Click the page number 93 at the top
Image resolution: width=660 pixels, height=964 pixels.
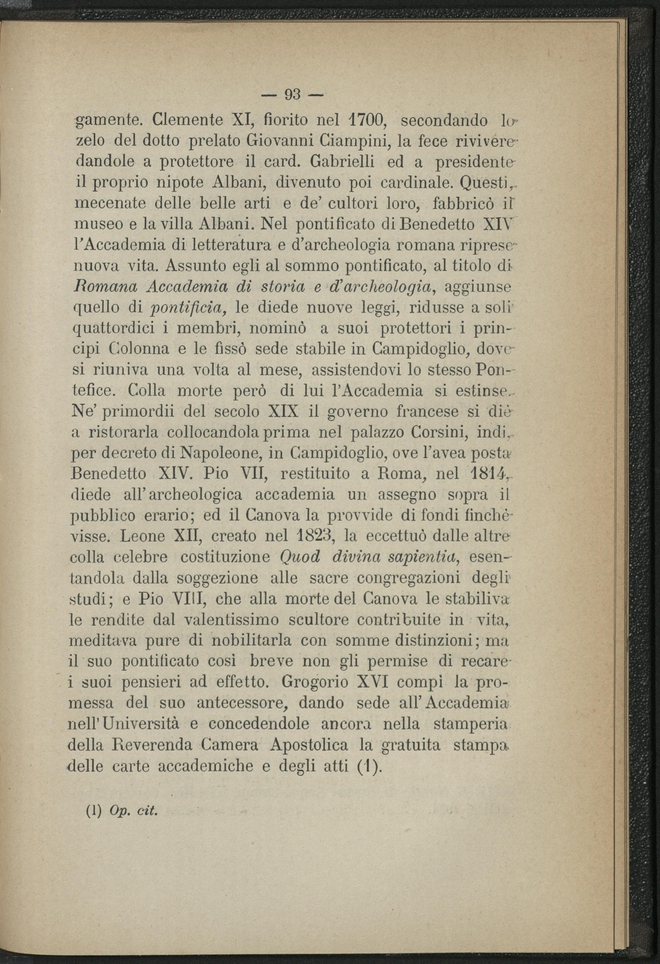[x=293, y=95]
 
